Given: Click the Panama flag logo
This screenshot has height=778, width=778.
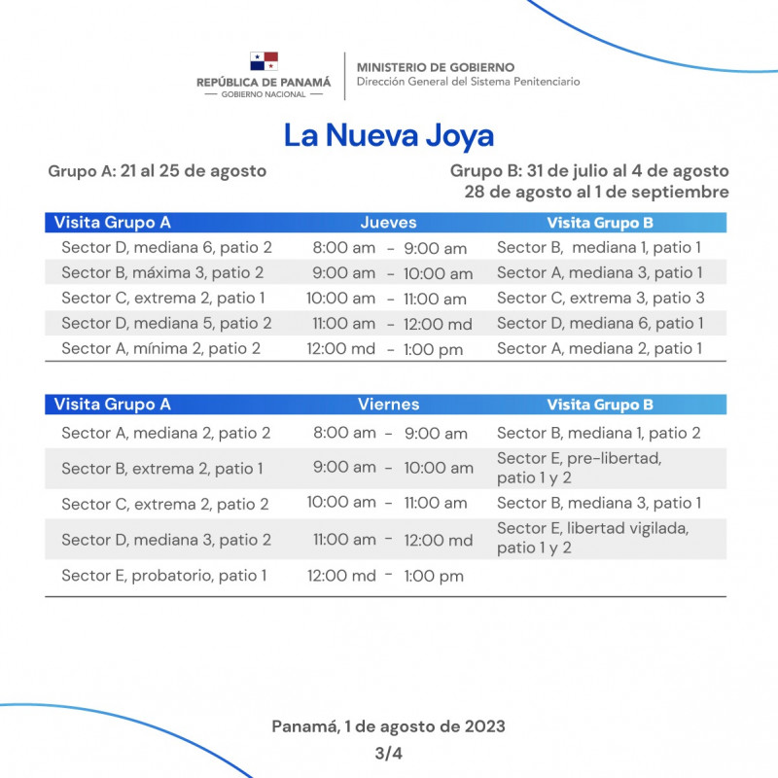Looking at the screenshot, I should pos(264,62).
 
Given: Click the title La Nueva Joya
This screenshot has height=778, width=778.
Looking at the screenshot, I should pos(389,135).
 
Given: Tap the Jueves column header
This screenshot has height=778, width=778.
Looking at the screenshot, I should pos(388,223).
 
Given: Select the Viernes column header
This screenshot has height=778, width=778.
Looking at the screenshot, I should pos(389,405).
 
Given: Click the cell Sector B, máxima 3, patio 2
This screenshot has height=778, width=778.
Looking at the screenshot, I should pos(162,273).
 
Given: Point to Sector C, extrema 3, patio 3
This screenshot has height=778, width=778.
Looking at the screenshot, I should pos(600,299).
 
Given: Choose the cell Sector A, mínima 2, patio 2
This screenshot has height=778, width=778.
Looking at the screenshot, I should pos(160,349).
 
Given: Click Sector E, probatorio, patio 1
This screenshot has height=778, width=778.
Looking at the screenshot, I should pos(163,576).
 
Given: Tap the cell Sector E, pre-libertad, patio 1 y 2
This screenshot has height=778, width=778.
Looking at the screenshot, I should pos(579,468).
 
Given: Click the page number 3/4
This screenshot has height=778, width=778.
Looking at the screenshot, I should pos(388,753).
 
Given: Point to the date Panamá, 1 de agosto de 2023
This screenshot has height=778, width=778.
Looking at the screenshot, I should pos(388,726).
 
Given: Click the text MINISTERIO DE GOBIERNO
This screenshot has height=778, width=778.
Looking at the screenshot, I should pos(435,67).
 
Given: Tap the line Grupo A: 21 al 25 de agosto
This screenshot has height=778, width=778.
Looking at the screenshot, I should pos(157,171).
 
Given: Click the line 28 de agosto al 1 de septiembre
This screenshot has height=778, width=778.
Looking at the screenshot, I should pos(596,192).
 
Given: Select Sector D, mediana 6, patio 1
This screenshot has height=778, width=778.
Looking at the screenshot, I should pos(600,324).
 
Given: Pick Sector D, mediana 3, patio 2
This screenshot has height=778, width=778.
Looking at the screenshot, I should pos(166,540).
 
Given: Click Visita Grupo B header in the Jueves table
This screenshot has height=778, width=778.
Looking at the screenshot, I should pos(599,223).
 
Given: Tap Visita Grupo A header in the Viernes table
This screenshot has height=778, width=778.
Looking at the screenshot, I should pos(113,405).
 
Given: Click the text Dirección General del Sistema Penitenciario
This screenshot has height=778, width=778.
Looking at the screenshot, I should pos(468,83).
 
